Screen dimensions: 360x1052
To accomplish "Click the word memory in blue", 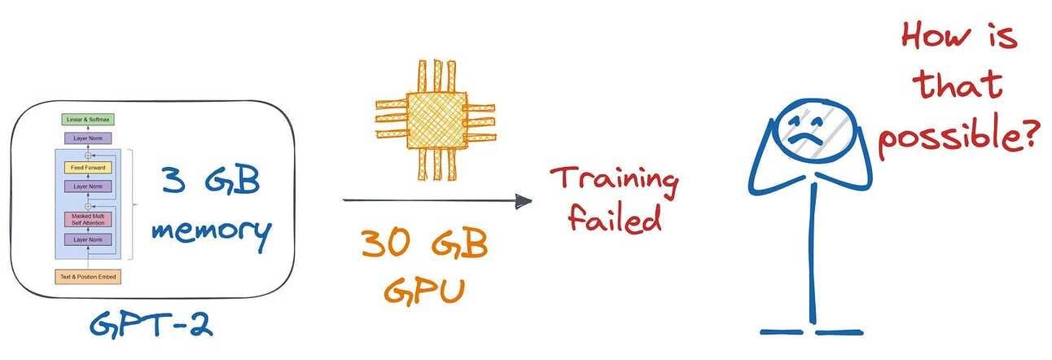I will (209, 231).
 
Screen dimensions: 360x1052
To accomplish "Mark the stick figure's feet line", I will (810, 331).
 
